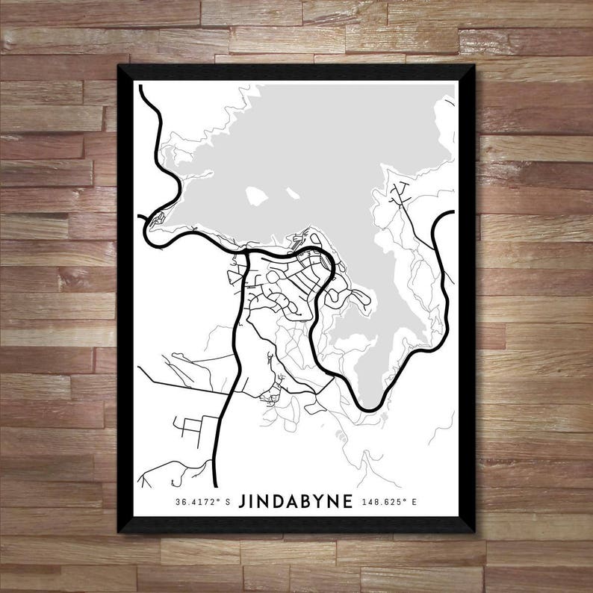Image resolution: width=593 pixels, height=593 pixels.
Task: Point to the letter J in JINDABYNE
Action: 243,500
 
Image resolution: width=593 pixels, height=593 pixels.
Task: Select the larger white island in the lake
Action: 258,196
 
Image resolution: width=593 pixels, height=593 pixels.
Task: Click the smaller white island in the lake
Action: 293,193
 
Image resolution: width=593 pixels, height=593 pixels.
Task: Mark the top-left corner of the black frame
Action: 119,66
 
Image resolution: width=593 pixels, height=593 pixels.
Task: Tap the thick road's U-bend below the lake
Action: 371,409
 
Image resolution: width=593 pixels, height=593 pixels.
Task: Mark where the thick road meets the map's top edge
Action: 142,84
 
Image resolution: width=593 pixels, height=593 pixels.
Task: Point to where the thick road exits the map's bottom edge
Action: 216,485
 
